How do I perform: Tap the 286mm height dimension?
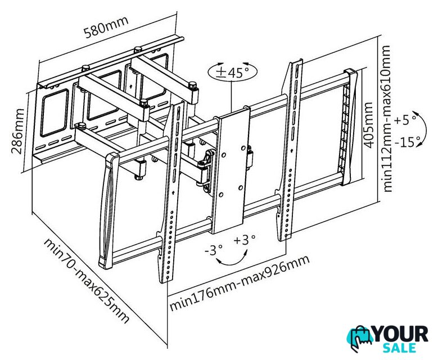pyautogui.click(x=17, y=131)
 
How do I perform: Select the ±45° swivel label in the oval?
pyautogui.click(x=232, y=73)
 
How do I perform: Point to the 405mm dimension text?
pyautogui.click(x=369, y=125)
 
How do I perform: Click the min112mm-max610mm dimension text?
pyautogui.click(x=387, y=119)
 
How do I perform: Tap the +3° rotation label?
pyautogui.click(x=245, y=240)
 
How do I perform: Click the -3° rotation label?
pyautogui.click(x=214, y=250)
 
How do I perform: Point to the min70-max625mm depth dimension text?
pyautogui.click(x=87, y=281)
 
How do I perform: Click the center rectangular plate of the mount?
pyautogui.click(x=231, y=170)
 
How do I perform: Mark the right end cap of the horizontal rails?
pyautogui.click(x=349, y=127)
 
